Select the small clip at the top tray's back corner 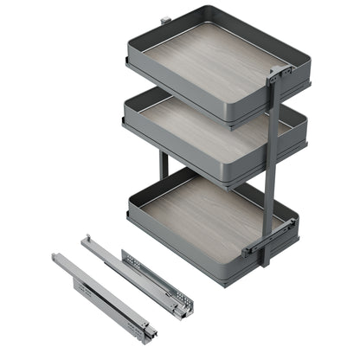[164, 17]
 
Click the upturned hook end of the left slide [55, 259]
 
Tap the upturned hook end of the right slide [87, 239]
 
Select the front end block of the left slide [151, 334]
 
